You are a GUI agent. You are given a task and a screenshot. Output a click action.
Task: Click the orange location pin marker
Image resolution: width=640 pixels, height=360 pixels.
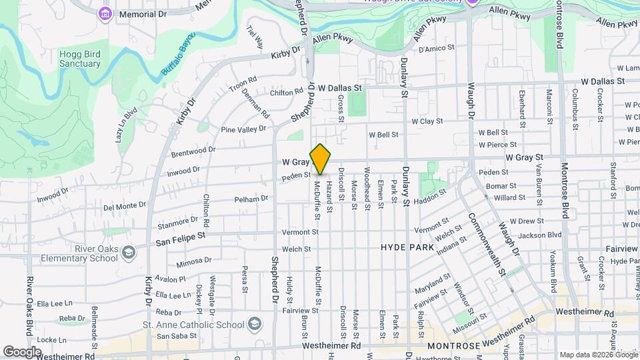tap(321, 159)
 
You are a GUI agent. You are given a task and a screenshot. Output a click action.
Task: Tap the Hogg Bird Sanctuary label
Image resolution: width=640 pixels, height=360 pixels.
tap(79, 59)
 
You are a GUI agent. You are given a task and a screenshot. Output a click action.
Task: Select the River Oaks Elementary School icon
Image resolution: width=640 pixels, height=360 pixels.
tap(128, 253)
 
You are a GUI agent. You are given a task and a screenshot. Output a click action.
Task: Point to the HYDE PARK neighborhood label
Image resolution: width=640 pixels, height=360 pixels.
tap(407, 247)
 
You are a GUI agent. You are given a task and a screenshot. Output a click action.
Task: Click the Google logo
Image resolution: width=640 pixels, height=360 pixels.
tap(22, 351)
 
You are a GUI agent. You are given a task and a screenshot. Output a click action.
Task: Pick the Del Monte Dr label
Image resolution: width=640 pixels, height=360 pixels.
tap(126, 207)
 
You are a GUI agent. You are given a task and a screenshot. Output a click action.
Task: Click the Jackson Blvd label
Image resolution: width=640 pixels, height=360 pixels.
tap(539, 235)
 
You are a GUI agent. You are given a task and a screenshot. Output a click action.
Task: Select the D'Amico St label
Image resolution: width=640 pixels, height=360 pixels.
tap(436, 48)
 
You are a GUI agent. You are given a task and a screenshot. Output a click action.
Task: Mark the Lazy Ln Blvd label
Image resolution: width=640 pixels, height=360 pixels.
tap(125, 124)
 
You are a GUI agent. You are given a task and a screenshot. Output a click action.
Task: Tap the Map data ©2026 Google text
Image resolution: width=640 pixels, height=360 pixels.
tap(598, 355)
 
